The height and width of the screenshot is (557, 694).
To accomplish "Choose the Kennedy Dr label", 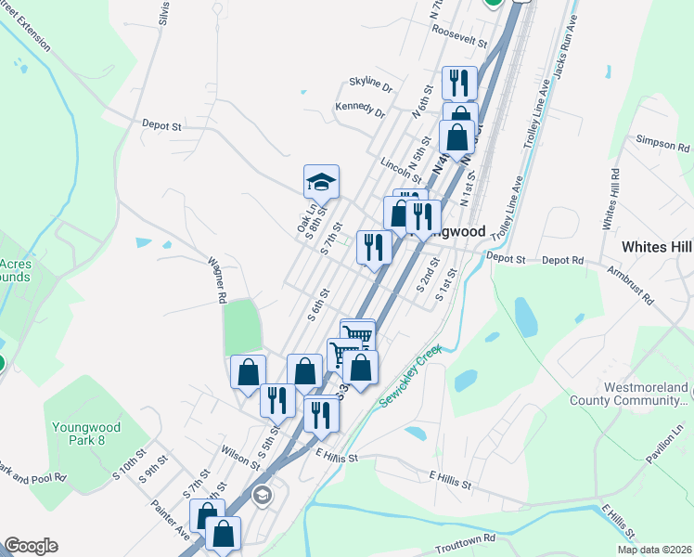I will pyautogui.click(x=360, y=111).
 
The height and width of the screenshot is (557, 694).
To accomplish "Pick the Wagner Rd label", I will pyautogui.click(x=217, y=282).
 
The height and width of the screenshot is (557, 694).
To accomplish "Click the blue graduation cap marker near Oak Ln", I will pyautogui.click(x=321, y=181).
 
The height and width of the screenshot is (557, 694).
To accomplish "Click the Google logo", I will pyautogui.click(x=31, y=546).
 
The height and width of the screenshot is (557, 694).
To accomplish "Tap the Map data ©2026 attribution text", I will pyautogui.click(x=653, y=550).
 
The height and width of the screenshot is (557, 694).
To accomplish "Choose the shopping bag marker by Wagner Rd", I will pyautogui.click(x=248, y=371).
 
